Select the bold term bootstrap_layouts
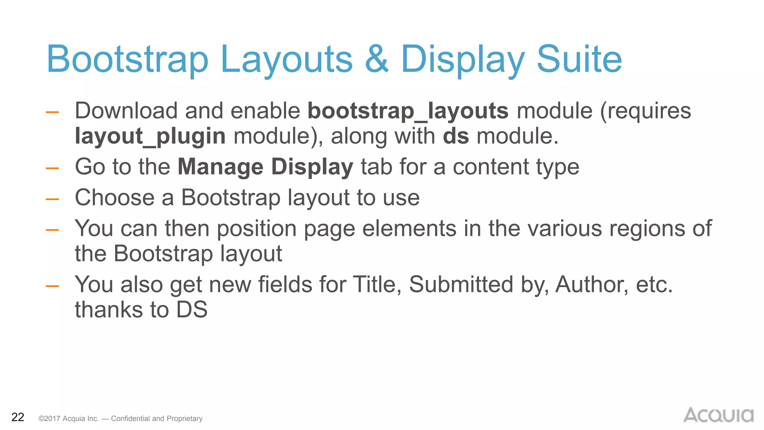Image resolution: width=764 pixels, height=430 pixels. (408, 111)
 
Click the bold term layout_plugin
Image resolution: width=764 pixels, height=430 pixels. (150, 136)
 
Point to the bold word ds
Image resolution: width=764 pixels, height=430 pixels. (455, 136)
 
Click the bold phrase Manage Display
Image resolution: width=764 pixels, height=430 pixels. (265, 166)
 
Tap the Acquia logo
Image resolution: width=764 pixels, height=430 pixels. (718, 415)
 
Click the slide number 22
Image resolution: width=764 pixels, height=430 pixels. (18, 417)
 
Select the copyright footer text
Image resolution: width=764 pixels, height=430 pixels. (120, 418)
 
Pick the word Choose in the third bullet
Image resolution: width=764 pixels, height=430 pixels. (115, 197)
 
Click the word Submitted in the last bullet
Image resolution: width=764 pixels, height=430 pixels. (461, 284)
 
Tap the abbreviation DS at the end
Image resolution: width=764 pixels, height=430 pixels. (192, 309)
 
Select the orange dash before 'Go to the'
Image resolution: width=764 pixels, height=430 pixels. (52, 168)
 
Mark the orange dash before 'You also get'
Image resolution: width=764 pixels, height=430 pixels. (52, 286)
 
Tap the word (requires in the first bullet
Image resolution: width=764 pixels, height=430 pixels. (645, 111)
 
